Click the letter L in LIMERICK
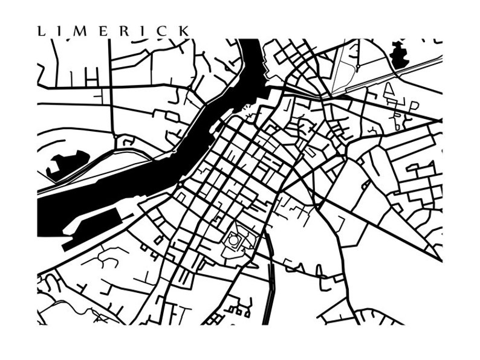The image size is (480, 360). (x=41, y=31)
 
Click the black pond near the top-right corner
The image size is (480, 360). (x=400, y=54)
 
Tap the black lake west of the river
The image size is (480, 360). (x=66, y=163)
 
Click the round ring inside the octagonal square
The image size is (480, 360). (x=233, y=240)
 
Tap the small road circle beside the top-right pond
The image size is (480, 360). (x=358, y=66)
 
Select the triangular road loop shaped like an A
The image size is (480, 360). (x=389, y=90)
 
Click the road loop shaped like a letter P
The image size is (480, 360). (x=414, y=106)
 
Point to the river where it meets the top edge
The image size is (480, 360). (x=248, y=42)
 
